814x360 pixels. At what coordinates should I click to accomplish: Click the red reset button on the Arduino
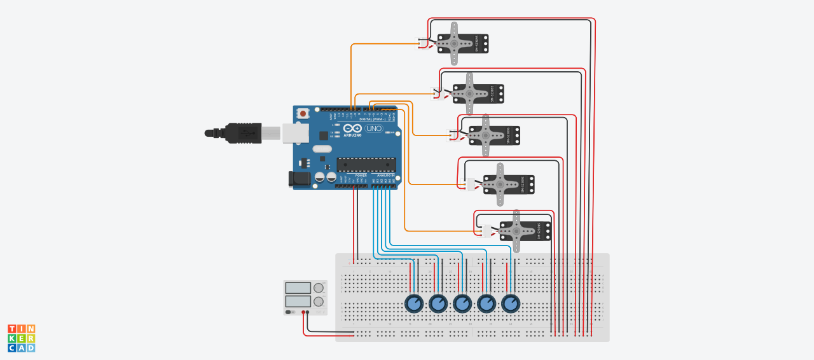tap(303, 113)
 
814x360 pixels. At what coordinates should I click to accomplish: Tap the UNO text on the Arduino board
tap(374, 128)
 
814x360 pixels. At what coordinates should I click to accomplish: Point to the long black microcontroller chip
tap(366, 165)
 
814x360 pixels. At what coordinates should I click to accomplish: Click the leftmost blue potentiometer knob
tap(414, 303)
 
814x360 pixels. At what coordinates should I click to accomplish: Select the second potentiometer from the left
tap(438, 303)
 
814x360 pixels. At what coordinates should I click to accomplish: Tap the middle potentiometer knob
tap(462, 303)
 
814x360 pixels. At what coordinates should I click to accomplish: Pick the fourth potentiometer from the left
tap(486, 303)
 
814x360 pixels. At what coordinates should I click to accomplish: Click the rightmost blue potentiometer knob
tap(511, 303)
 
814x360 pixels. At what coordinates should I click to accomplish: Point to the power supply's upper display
tap(298, 288)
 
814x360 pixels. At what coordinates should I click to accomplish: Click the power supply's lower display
tap(298, 301)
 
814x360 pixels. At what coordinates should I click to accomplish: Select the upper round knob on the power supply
tap(319, 288)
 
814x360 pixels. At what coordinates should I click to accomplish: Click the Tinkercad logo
tap(21, 338)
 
